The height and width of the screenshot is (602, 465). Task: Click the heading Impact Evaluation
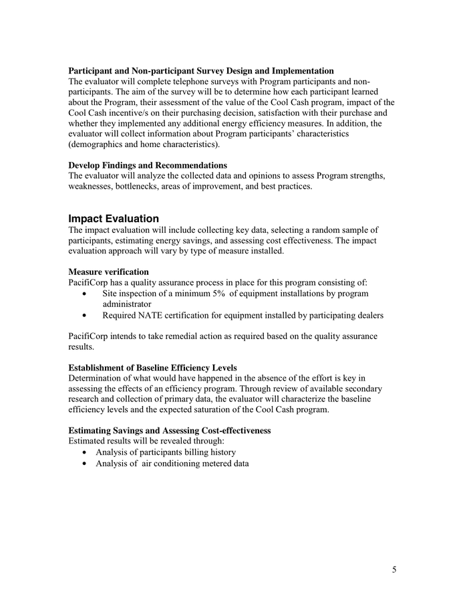click(x=114, y=219)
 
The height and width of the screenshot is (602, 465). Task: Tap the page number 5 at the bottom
click(x=394, y=569)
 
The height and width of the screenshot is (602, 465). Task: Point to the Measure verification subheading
click(x=108, y=272)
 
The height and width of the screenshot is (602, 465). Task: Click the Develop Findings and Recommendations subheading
click(x=148, y=165)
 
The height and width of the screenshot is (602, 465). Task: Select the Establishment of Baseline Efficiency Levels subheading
click(x=152, y=368)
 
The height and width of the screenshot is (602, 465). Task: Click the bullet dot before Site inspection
click(x=83, y=294)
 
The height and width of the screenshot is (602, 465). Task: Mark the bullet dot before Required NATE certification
click(x=83, y=316)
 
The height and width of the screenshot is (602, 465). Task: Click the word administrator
click(x=127, y=304)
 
